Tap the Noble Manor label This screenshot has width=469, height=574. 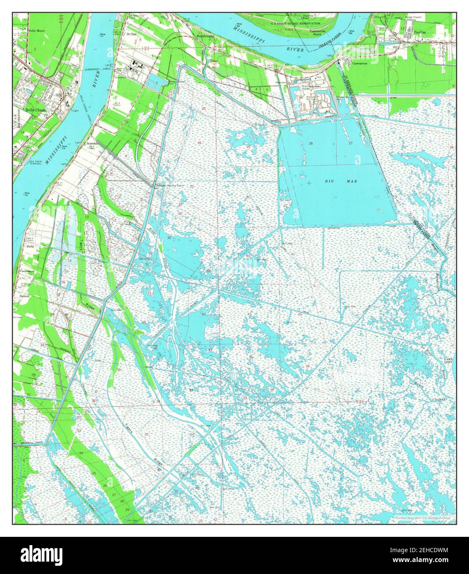tap(36, 31)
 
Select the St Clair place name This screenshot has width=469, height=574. tap(132, 34)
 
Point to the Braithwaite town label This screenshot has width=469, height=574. tap(205, 36)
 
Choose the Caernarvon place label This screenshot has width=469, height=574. tap(360, 64)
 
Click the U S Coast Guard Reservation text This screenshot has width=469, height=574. tap(296, 24)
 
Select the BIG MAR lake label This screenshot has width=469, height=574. tap(335, 181)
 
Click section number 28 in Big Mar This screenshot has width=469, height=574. tap(310, 143)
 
